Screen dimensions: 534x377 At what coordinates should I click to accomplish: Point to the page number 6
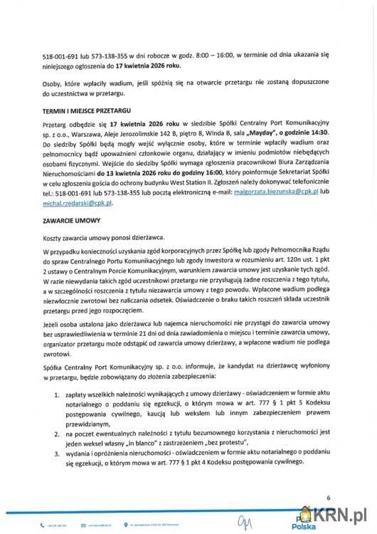329,498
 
